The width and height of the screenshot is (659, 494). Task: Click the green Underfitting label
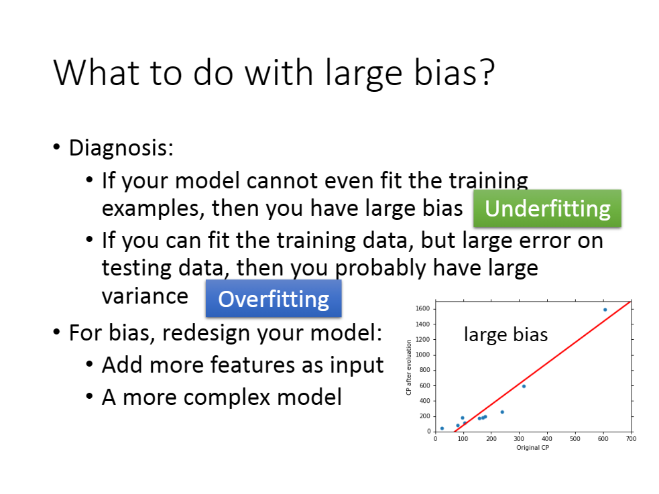pyautogui.click(x=547, y=208)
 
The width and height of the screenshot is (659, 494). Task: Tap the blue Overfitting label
pyautogui.click(x=274, y=299)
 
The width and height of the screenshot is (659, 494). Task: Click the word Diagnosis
pyautogui.click(x=121, y=148)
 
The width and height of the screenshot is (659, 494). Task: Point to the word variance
pyautogui.click(x=145, y=296)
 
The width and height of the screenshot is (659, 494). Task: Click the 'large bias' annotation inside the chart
pyautogui.click(x=505, y=334)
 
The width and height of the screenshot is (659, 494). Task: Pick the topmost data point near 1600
pyautogui.click(x=605, y=310)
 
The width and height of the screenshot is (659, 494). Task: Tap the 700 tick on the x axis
pyautogui.click(x=631, y=439)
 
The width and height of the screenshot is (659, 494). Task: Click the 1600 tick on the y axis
pyautogui.click(x=423, y=308)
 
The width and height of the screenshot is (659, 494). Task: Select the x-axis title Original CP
pyautogui.click(x=532, y=448)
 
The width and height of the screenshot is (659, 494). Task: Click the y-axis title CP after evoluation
pyautogui.click(x=408, y=367)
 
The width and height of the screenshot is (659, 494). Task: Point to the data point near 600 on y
pyautogui.click(x=524, y=386)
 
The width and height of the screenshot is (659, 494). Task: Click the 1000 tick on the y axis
pyautogui.click(x=423, y=355)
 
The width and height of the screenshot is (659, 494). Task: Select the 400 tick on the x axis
pyautogui.click(x=547, y=439)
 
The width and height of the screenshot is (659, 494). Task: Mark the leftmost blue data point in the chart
pyautogui.click(x=442, y=428)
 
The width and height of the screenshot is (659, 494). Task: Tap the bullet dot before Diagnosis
pyautogui.click(x=57, y=147)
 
